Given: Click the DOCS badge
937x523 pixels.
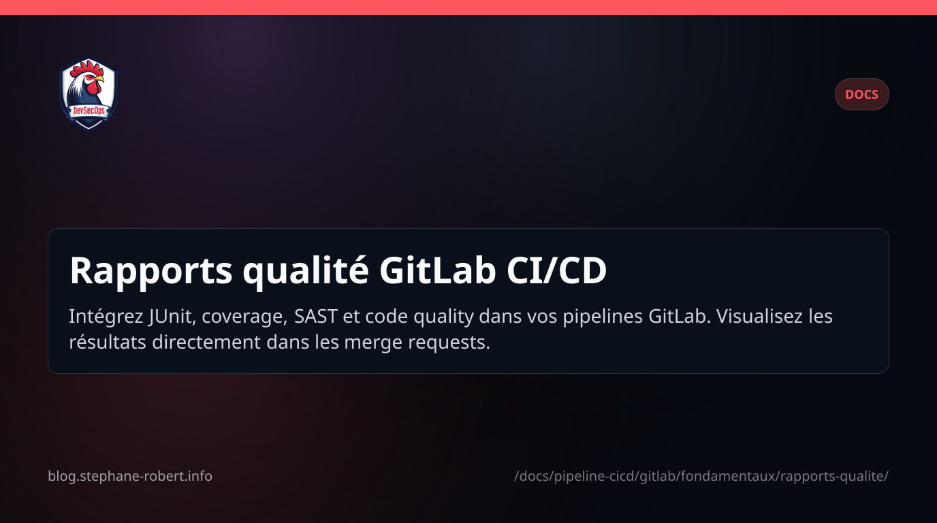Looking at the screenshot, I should tap(861, 95).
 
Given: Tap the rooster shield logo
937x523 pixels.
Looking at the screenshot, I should tap(89, 93).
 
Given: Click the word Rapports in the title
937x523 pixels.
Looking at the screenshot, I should tap(150, 271).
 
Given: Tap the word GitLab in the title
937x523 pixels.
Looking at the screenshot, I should tap(436, 271).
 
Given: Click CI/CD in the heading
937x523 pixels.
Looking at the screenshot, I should tap(556, 271).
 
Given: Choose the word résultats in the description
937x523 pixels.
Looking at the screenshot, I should tap(108, 342).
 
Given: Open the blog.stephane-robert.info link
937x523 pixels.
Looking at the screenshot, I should tap(130, 476).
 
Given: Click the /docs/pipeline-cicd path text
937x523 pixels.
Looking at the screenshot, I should tap(701, 476).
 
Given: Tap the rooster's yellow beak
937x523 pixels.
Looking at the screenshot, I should tap(99, 80).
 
